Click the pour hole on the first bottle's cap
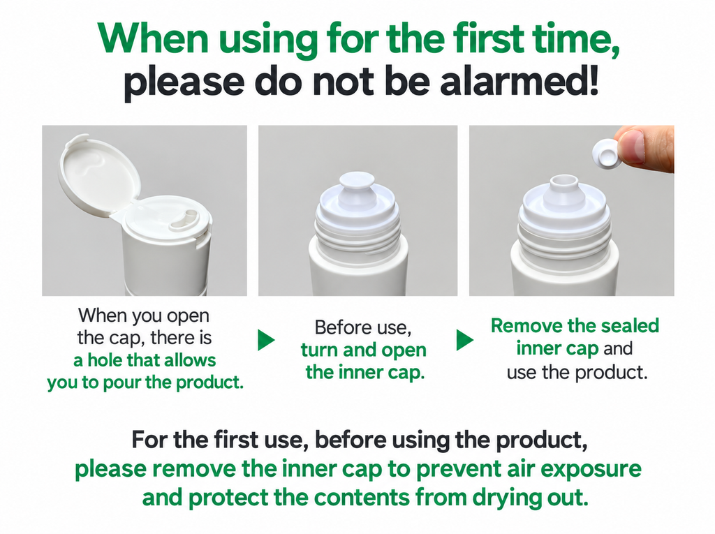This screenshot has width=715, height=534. [x=184, y=221]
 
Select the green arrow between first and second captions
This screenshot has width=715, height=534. [x=266, y=340]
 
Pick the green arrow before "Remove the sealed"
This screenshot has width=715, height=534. [x=464, y=340]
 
